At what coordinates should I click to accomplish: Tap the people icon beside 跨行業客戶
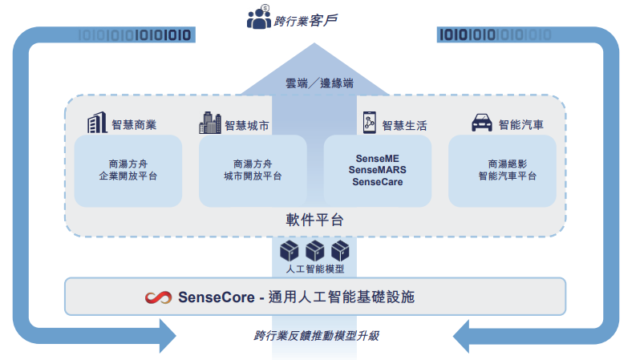point(259,18)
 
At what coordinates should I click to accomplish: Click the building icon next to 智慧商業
point(97,123)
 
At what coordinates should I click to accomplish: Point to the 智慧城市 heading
point(246,125)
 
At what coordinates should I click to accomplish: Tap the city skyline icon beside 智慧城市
point(209,123)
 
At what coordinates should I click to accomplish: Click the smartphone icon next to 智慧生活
point(370,123)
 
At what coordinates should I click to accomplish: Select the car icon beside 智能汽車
point(480,123)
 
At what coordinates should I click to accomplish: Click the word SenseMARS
point(376,170)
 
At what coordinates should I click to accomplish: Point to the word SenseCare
point(376,182)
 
